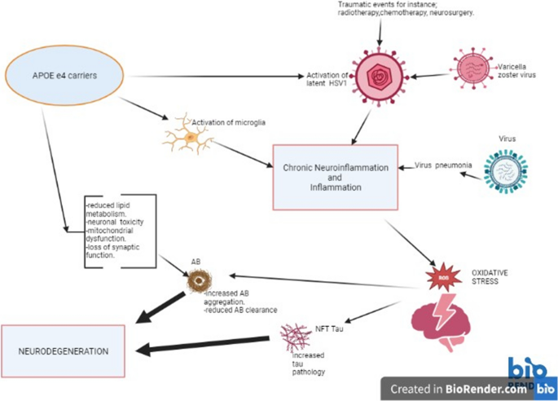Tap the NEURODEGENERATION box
point(63,350)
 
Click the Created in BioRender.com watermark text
point(458,389)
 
